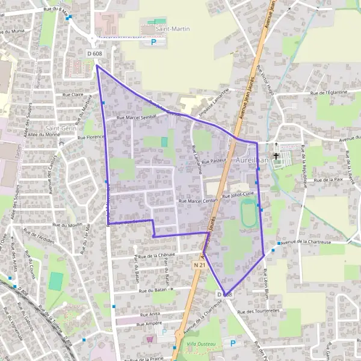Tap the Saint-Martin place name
click(170, 28)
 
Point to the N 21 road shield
click(200, 265)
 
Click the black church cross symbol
click(276, 156)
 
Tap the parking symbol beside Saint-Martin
click(153, 42)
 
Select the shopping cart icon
click(150, 339)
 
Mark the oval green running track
click(248, 213)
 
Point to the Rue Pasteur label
click(214, 161)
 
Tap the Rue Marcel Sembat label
click(136, 119)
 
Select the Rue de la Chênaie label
click(156, 255)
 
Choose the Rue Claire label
click(76, 94)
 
